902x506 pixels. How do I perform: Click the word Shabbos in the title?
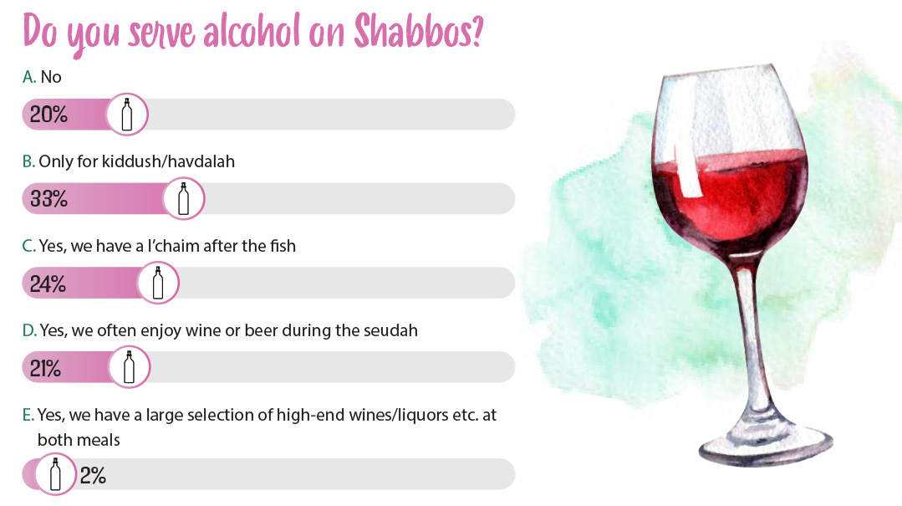418,31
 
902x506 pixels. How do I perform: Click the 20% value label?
48,115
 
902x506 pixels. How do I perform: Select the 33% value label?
48,199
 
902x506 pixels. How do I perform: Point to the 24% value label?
48,284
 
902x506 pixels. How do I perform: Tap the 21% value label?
45,369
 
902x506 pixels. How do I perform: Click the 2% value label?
93,476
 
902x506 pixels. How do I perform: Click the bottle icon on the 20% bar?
127,115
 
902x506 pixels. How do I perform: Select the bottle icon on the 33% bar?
184,198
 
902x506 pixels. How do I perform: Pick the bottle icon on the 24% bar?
158,283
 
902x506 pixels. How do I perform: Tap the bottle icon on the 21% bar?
129,367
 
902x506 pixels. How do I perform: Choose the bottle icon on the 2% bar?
55,474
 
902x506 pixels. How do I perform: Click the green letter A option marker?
28,77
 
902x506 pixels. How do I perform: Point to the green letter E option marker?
28,415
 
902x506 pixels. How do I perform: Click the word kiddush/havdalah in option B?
168,161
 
